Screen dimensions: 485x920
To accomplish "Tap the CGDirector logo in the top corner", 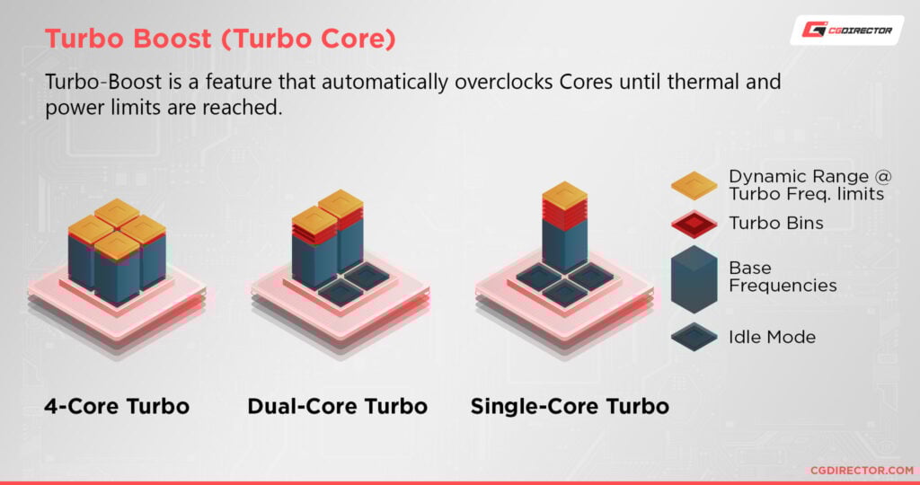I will click(847, 31).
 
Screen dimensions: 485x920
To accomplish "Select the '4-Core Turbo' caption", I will click(117, 406).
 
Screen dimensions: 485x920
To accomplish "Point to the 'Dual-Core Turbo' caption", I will click(337, 406).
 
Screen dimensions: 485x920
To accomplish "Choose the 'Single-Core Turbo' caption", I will click(570, 406).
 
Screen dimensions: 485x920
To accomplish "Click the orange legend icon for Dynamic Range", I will click(694, 185).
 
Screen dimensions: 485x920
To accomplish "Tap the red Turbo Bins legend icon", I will click(694, 223).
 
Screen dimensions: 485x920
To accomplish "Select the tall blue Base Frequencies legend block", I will click(694, 278).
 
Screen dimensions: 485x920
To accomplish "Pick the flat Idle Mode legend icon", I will click(694, 338).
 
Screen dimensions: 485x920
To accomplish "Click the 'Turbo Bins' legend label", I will click(775, 223).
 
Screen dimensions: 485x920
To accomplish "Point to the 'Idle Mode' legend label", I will click(772, 338).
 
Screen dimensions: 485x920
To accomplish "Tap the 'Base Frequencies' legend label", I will click(782, 277).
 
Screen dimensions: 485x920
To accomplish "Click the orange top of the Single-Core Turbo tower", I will click(565, 194).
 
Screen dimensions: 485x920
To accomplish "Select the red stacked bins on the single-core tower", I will click(565, 212).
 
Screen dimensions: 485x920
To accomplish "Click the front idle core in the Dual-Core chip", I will click(341, 289).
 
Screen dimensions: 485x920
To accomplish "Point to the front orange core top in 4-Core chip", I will click(117, 243).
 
